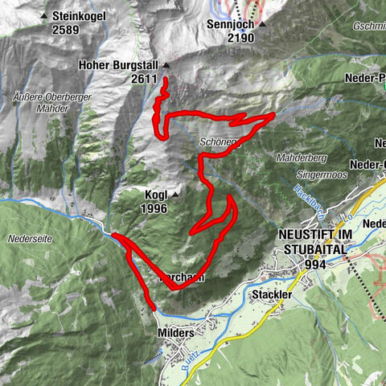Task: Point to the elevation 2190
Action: click(229, 38)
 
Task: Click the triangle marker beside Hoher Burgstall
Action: click(166, 65)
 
